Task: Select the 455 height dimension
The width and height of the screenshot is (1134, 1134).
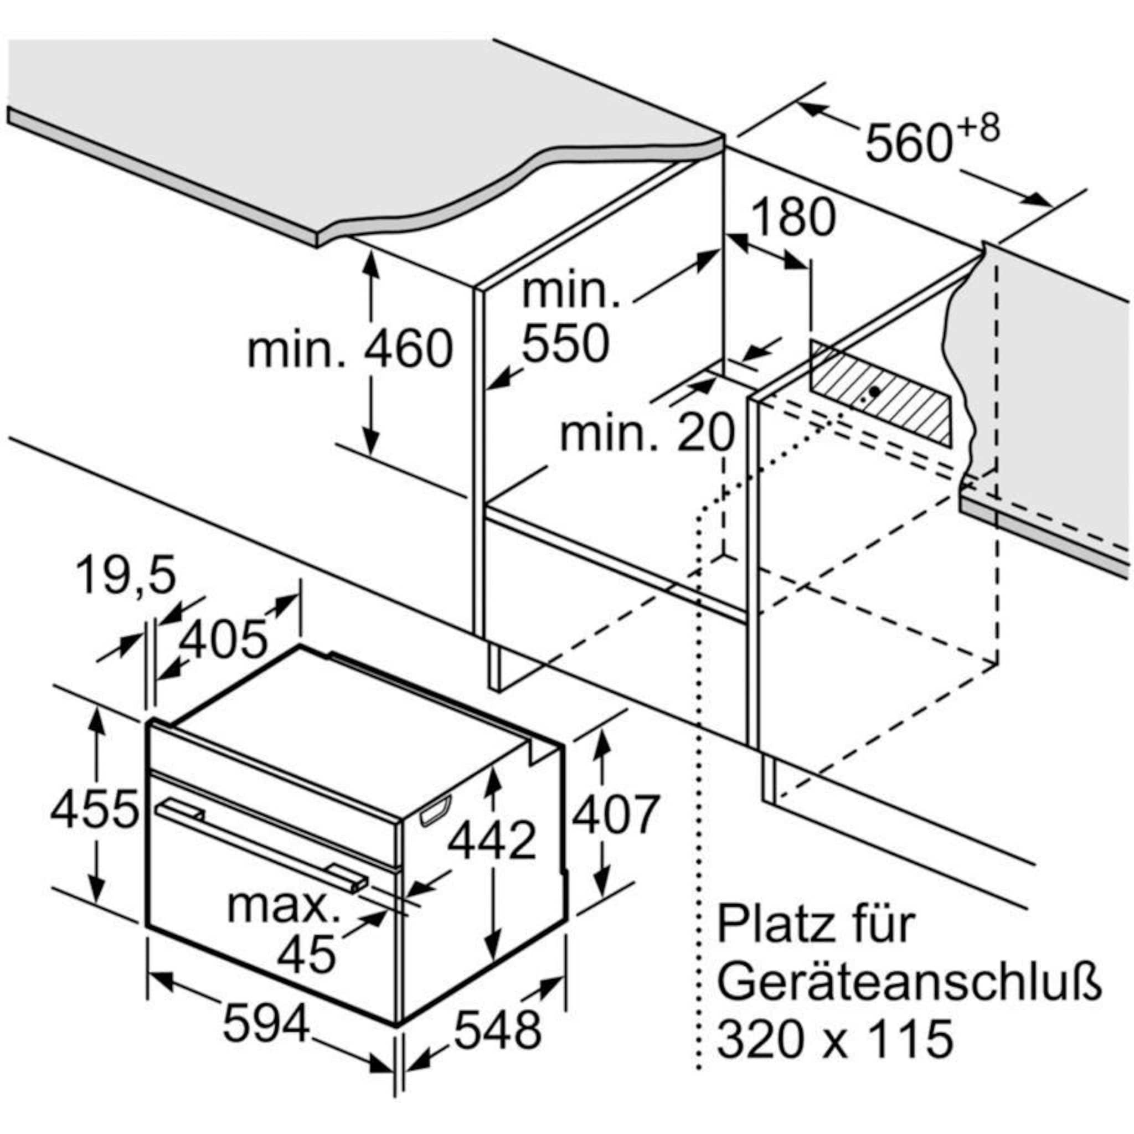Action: click(x=94, y=811)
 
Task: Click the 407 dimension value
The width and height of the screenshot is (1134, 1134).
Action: click(x=615, y=814)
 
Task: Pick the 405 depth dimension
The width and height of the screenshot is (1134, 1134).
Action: click(x=223, y=639)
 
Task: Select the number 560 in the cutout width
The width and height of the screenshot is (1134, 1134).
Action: click(x=908, y=143)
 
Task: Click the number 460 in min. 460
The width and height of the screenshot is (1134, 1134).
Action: click(x=409, y=350)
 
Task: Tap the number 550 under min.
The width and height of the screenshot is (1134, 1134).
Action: click(x=565, y=344)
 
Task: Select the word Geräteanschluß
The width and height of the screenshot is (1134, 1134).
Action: click(x=909, y=986)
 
